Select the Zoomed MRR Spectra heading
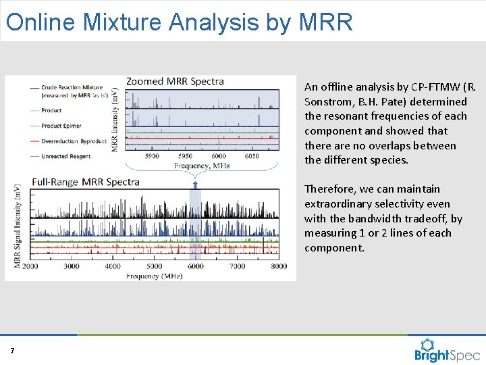(x=175, y=81)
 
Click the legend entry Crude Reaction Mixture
(x=72, y=87)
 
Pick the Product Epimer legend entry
(x=61, y=125)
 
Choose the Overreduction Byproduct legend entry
(x=74, y=141)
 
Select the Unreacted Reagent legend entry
(x=66, y=156)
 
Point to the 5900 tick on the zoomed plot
(x=153, y=156)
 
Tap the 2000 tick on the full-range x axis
(x=30, y=266)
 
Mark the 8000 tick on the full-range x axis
(x=278, y=266)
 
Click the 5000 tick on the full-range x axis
(x=155, y=266)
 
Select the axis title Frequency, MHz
(x=202, y=166)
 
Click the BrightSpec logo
(x=446, y=351)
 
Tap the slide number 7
(x=12, y=350)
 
